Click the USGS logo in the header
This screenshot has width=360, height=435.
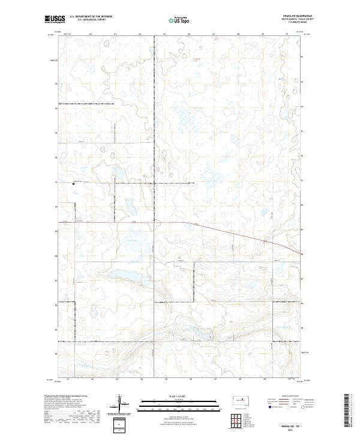[x=54, y=19]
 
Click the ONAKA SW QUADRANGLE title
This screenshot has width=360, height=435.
[x=301, y=16]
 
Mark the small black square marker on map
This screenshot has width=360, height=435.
[x=74, y=184]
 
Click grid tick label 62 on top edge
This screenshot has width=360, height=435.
[x=91, y=34]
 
